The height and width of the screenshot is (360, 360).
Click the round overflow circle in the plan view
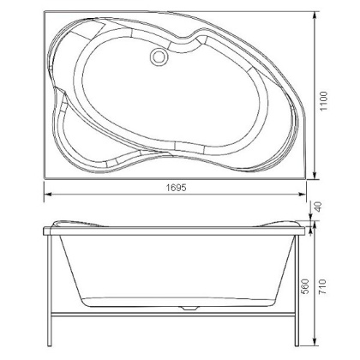[159, 57]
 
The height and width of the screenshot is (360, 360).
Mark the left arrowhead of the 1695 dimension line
[44, 195]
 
